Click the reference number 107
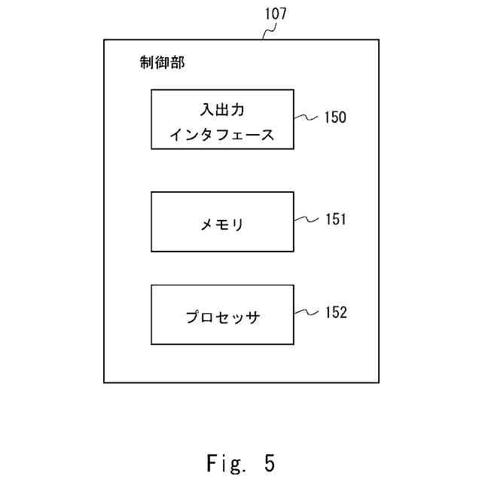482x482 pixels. [276, 14]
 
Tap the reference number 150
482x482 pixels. [336, 117]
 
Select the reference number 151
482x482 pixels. [336, 220]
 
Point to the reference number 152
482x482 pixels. [336, 313]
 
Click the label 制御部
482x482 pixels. [162, 63]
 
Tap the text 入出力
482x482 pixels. [222, 109]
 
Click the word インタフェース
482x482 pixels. [222, 136]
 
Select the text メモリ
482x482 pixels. [222, 224]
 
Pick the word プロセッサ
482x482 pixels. [222, 317]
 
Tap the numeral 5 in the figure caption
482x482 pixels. [270, 462]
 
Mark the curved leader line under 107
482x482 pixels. [268, 32]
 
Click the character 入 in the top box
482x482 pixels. [206, 109]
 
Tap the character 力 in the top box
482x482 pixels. [238, 109]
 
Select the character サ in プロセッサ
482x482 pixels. [254, 317]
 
